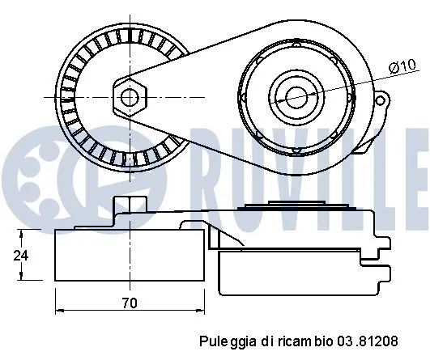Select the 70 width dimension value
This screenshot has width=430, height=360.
(130, 303)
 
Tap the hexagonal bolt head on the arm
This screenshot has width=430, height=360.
(129, 97)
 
